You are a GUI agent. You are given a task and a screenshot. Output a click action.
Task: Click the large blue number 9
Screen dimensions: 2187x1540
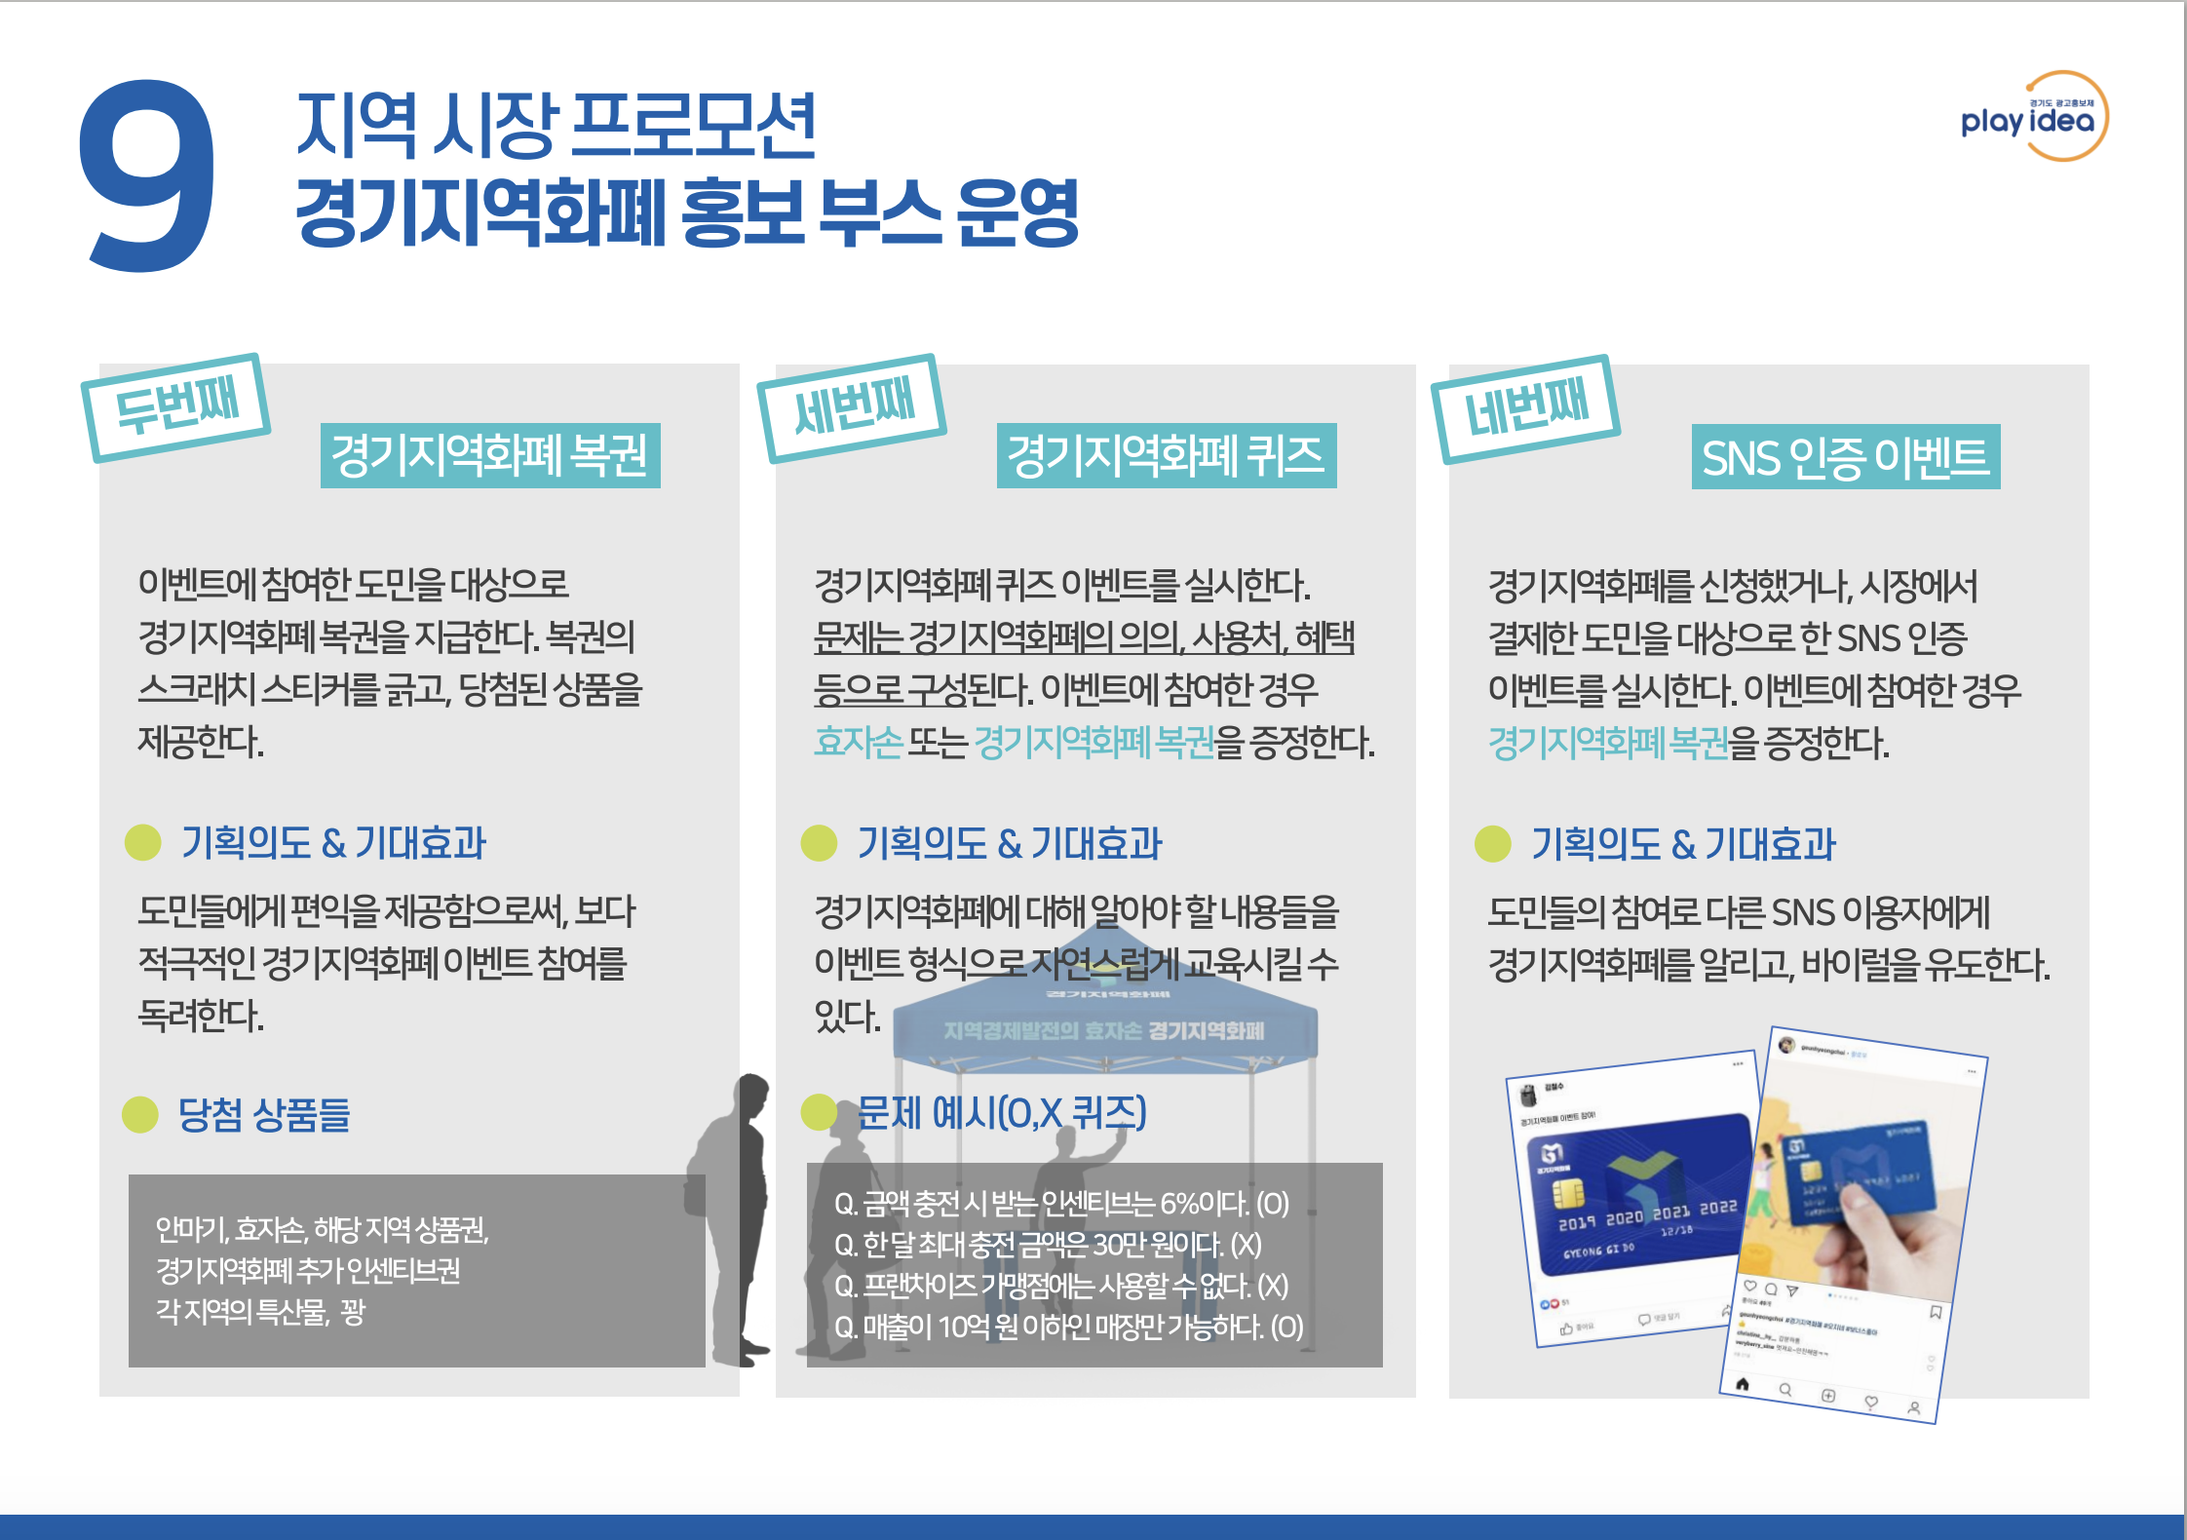[148, 175]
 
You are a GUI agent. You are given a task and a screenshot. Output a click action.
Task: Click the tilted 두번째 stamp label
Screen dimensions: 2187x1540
[176, 406]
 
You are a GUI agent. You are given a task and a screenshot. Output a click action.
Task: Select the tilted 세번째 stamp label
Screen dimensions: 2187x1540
[853, 406]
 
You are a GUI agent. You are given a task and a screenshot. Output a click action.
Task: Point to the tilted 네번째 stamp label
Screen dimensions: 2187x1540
[1526, 408]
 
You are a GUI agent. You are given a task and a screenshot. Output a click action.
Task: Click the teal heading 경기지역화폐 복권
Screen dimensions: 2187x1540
[490, 455]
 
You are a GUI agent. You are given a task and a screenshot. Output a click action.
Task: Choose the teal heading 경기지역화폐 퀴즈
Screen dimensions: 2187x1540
[1166, 455]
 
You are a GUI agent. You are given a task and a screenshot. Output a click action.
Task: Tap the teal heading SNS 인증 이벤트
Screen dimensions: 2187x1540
[1845, 457]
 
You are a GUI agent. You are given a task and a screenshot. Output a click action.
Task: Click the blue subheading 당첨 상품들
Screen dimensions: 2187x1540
[264, 1114]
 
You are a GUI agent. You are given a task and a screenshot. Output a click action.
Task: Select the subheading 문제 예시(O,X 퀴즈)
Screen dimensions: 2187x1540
[1002, 1112]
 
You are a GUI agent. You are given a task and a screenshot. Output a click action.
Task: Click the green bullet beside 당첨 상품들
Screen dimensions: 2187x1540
[140, 1114]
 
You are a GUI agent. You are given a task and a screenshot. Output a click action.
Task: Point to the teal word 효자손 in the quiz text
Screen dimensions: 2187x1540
[859, 743]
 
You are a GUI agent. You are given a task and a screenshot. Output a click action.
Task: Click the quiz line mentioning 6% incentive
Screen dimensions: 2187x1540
[1061, 1204]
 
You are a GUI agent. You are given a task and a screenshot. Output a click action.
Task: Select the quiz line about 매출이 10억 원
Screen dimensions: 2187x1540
[1068, 1327]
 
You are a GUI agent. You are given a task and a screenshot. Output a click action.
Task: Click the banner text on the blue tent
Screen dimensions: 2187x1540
[1103, 1030]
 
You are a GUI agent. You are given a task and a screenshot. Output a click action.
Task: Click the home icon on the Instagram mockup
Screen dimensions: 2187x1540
[1743, 1384]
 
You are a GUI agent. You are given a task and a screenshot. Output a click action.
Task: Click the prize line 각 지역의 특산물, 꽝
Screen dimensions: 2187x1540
[260, 1312]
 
